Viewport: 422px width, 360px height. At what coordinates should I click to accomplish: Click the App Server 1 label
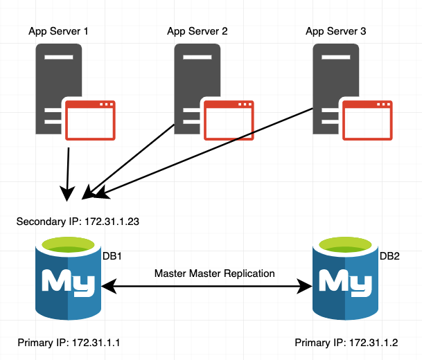[x=58, y=31]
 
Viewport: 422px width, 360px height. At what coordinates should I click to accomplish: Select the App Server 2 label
[x=197, y=31]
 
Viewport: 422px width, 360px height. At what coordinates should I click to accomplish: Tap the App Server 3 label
[x=336, y=31]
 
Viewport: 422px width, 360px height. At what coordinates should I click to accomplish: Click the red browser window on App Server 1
[x=91, y=118]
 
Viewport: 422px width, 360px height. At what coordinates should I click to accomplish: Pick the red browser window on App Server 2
[x=229, y=118]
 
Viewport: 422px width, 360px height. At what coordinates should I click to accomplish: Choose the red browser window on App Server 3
[x=369, y=118]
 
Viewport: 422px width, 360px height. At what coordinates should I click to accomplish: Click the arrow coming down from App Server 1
[x=67, y=170]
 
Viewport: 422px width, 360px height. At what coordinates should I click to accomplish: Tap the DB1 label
[x=112, y=256]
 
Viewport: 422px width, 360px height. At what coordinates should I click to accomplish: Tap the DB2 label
[x=389, y=256]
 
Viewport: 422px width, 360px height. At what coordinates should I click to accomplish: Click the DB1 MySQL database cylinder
[x=67, y=280]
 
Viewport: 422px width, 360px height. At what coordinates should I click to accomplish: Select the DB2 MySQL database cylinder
[x=344, y=280]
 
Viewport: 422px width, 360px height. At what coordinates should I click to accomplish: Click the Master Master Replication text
[x=214, y=273]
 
